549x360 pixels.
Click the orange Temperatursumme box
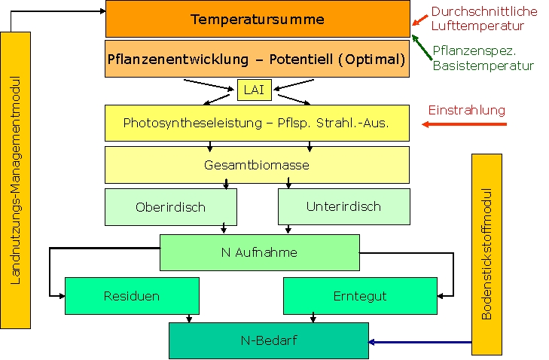pyautogui.click(x=258, y=19)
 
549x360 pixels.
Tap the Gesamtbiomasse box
pyautogui.click(x=257, y=164)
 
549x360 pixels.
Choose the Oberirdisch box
pyautogui.click(x=170, y=207)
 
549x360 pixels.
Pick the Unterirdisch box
pyautogui.click(x=343, y=206)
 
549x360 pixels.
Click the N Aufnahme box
pyautogui.click(x=259, y=252)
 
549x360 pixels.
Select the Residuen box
pyautogui.click(x=132, y=296)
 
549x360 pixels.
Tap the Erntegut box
pyautogui.click(x=360, y=296)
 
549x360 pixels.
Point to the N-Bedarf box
pyautogui.click(x=268, y=340)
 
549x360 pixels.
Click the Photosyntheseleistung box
pyautogui.click(x=257, y=123)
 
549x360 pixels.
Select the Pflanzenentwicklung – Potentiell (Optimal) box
pyautogui.click(x=257, y=59)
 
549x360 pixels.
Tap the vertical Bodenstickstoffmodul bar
pyautogui.click(x=486, y=254)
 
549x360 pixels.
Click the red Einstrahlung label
pyautogui.click(x=467, y=110)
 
